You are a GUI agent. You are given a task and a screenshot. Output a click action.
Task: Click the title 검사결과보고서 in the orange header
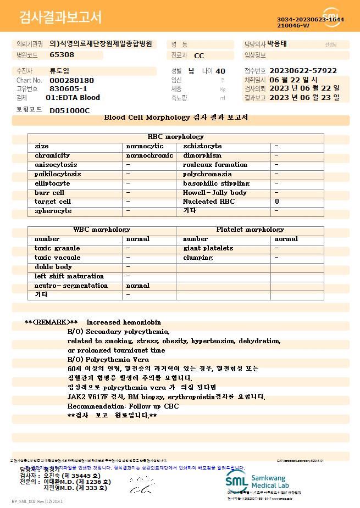point(60,18)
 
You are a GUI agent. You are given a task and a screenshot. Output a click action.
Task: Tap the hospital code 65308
point(62,55)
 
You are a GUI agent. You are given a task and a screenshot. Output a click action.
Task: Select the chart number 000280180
point(71,80)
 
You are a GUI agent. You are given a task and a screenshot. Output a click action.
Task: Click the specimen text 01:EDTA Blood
point(73,97)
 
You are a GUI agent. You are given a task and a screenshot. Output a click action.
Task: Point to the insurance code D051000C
point(69,110)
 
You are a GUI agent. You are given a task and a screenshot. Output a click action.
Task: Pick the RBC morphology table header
point(176,137)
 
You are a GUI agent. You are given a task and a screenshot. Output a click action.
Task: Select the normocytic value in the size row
point(145,146)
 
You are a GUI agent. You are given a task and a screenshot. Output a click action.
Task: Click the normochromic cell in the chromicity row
point(149,155)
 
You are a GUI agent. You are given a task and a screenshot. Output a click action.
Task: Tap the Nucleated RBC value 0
point(277,202)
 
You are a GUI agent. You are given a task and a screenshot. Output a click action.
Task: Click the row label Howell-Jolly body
point(215,193)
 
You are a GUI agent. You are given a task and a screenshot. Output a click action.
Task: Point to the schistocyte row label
point(202,146)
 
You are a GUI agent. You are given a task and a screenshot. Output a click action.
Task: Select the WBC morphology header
point(102,230)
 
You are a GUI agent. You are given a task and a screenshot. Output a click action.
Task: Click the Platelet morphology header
point(250,230)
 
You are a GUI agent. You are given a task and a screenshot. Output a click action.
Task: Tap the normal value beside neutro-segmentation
point(137,286)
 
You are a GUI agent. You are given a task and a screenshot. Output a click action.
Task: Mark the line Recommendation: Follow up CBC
point(123,406)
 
